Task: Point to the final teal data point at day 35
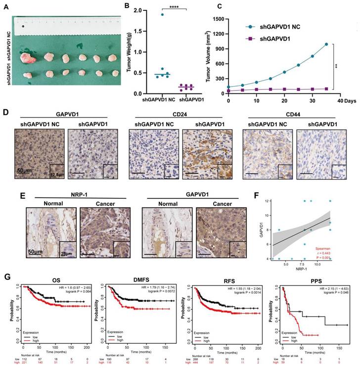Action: point(326,44)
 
